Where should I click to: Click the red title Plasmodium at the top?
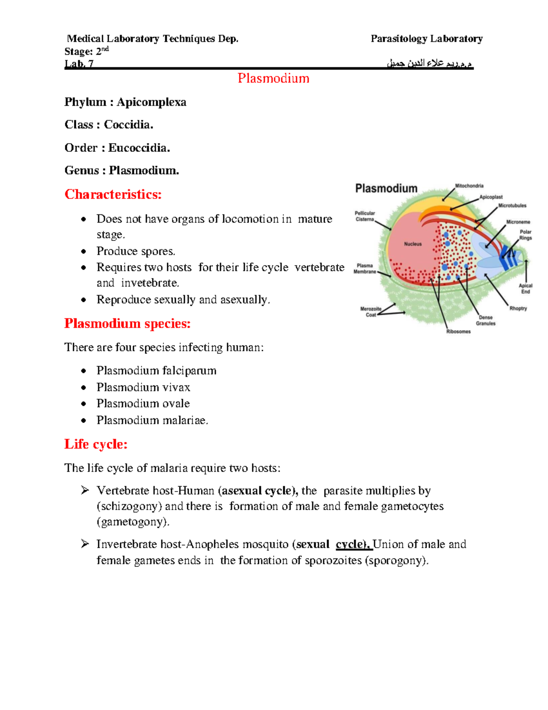pos(273,78)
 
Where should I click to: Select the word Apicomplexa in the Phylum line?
pos(151,102)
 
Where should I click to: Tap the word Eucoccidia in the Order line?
pos(139,148)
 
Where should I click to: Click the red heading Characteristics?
pos(113,194)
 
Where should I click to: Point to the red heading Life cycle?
pos(95,444)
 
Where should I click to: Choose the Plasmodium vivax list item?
pos(143,387)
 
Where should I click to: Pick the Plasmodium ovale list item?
pos(143,404)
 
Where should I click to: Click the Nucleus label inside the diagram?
pos(413,244)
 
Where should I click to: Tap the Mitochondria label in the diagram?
pos(469,186)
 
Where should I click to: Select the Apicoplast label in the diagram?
pos(491,197)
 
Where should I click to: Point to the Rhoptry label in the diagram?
pos(518,308)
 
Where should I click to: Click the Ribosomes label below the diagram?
pos(458,331)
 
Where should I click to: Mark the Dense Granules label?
pos(485,320)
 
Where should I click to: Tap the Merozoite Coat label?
pos(371,312)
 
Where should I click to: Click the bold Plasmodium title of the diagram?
pos(386,188)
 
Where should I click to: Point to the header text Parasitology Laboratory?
pos(427,39)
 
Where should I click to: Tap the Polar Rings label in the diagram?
pos(525,235)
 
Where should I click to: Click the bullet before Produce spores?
pos(83,251)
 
